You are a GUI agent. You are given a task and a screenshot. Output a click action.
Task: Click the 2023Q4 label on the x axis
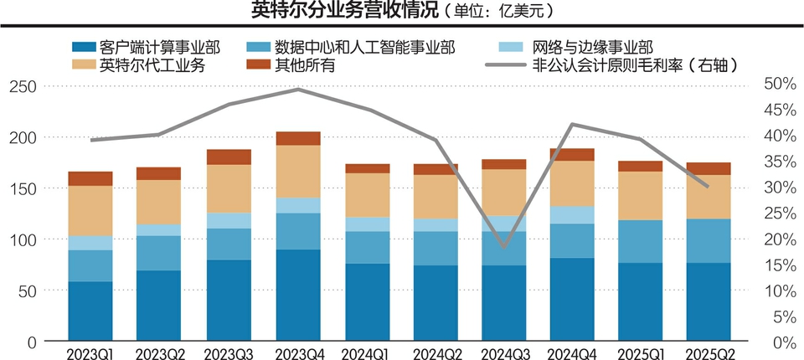click(297, 352)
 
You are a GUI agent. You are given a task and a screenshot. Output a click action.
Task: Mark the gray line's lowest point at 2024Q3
click(504, 247)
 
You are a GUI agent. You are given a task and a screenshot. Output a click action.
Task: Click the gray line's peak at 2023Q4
click(298, 88)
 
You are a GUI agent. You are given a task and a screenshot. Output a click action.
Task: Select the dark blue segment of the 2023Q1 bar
click(90, 311)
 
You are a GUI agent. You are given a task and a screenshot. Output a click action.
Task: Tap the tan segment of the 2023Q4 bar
click(298, 172)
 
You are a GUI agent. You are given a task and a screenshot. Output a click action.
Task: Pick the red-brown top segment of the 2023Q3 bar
click(229, 157)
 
